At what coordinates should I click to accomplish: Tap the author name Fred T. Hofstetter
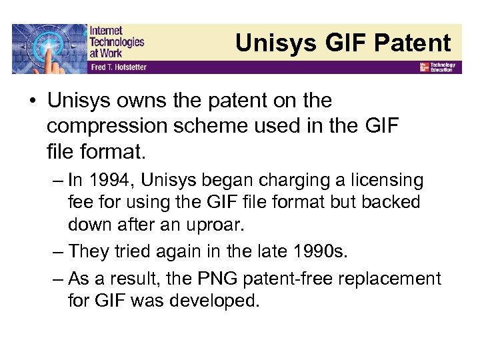(117, 67)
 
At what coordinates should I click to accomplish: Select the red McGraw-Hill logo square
(423, 67)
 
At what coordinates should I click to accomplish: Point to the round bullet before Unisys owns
(31, 101)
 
